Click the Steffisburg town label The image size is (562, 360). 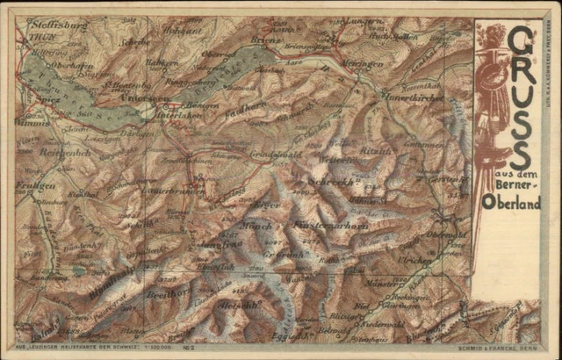pyautogui.click(x=48, y=26)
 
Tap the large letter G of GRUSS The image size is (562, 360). pyautogui.click(x=522, y=41)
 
